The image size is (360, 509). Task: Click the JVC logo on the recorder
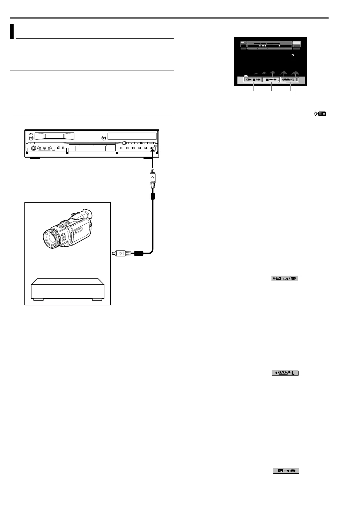click(x=30, y=133)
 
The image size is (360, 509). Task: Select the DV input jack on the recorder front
click(x=152, y=148)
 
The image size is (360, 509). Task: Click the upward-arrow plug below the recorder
click(x=152, y=178)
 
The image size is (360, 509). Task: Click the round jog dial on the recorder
click(x=124, y=143)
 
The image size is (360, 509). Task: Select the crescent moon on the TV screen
click(x=293, y=56)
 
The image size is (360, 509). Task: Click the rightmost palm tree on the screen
click(x=295, y=74)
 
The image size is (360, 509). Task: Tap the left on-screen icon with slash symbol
click(x=253, y=80)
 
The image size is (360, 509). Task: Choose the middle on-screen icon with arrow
click(x=271, y=80)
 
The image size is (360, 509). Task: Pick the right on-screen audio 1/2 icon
click(x=290, y=80)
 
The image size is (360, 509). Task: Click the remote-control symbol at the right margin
click(x=320, y=114)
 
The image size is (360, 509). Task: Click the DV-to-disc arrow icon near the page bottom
click(x=286, y=471)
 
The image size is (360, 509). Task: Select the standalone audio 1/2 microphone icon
click(x=285, y=373)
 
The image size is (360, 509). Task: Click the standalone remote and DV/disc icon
click(x=285, y=278)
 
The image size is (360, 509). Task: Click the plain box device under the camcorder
click(x=67, y=289)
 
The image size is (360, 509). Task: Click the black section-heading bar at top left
click(x=12, y=31)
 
